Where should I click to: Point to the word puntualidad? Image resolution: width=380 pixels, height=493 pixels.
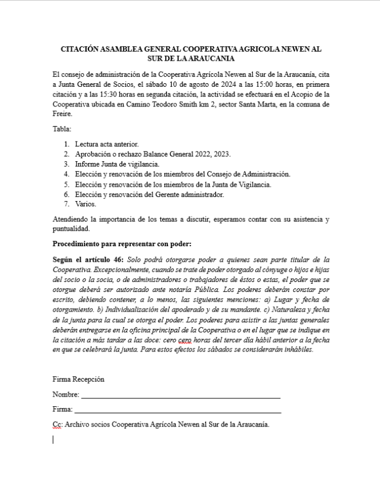click(x=71, y=228)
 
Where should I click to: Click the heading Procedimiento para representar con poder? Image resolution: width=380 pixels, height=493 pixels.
click(x=122, y=244)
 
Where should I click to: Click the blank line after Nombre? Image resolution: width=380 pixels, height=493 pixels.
click(x=180, y=394)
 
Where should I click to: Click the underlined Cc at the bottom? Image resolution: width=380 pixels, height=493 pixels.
click(x=57, y=425)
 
